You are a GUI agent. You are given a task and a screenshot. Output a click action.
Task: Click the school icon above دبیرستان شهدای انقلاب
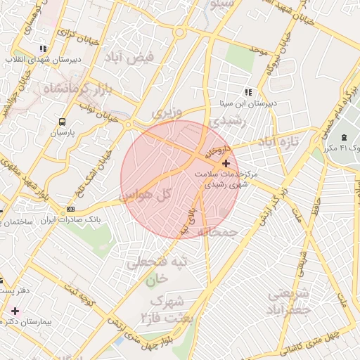[43, 49]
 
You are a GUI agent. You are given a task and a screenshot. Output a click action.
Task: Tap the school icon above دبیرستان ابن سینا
[247, 91]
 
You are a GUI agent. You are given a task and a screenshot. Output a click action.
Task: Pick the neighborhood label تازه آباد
[279, 141]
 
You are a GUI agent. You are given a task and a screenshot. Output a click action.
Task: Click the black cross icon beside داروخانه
[225, 163]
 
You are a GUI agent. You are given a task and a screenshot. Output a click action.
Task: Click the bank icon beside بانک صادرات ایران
[70, 209]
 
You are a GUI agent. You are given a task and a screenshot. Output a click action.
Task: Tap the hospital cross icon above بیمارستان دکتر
[15, 309]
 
